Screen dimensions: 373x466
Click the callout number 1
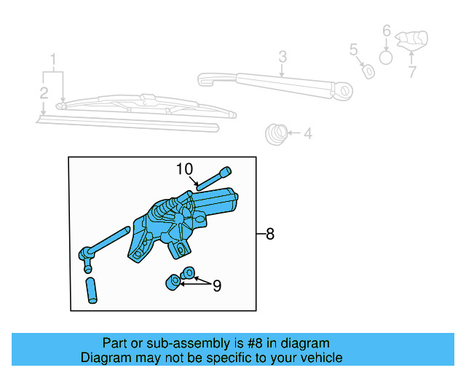52,59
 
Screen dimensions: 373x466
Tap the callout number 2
44,93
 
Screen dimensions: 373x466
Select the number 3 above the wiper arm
283,57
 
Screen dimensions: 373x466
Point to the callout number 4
307,133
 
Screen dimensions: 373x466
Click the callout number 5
353,50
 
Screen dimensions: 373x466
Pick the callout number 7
412,72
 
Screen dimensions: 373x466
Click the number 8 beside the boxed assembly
270,234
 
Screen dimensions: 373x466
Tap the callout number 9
216,286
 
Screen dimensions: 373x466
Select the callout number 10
184,169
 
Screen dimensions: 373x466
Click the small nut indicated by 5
368,71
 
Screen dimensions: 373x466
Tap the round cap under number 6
387,56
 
